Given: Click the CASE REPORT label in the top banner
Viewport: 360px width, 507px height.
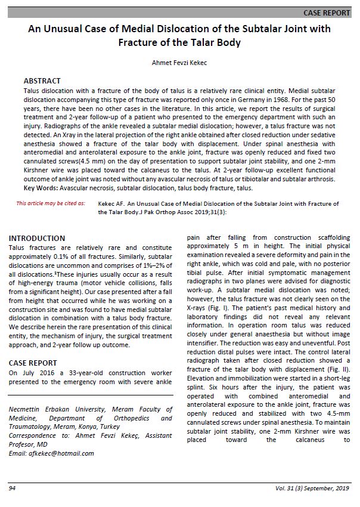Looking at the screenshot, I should click(x=327, y=13).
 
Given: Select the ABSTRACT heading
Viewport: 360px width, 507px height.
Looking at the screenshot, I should click(x=42, y=81).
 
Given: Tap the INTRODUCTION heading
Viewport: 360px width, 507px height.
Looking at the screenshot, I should click(x=37, y=239).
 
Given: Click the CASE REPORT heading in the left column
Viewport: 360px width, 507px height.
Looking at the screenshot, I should click(x=33, y=363).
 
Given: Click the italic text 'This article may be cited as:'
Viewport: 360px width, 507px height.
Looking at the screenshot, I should click(x=51, y=203).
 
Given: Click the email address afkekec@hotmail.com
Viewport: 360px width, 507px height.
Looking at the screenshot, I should click(x=62, y=453).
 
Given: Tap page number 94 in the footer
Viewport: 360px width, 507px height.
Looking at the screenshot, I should click(x=12, y=489).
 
